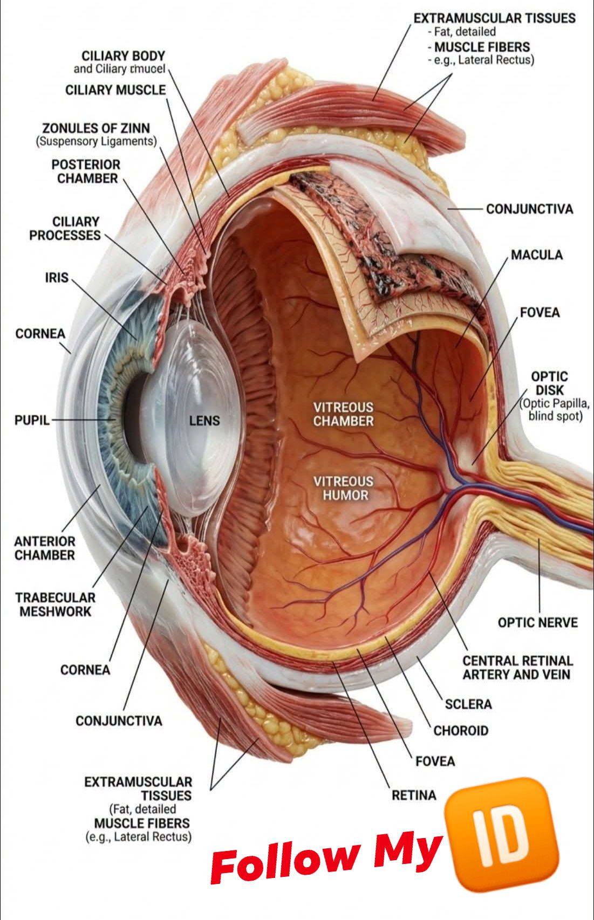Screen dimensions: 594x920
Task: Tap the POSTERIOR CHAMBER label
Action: (x=86, y=171)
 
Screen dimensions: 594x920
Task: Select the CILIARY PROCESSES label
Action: (x=65, y=228)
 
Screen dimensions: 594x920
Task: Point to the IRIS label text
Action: (x=57, y=278)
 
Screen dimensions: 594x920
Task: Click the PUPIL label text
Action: (x=32, y=420)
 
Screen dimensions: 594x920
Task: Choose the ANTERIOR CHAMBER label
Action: (x=45, y=548)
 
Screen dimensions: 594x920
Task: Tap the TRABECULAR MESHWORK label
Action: (x=56, y=604)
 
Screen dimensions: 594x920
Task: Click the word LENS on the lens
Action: (x=204, y=421)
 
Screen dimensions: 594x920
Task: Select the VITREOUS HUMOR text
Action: (x=344, y=488)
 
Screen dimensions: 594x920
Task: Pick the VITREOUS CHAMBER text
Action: (x=344, y=414)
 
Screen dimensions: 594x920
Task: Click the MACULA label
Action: (x=537, y=255)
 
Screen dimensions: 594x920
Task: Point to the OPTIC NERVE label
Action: (x=538, y=622)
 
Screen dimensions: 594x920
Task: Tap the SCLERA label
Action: (x=468, y=704)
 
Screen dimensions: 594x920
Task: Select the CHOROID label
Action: (x=461, y=731)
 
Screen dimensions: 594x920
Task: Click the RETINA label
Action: (x=414, y=795)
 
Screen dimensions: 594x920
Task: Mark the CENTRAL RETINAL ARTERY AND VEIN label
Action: (x=517, y=668)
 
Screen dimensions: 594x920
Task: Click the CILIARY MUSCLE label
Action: (x=116, y=90)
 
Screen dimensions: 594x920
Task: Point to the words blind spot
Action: (x=555, y=416)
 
